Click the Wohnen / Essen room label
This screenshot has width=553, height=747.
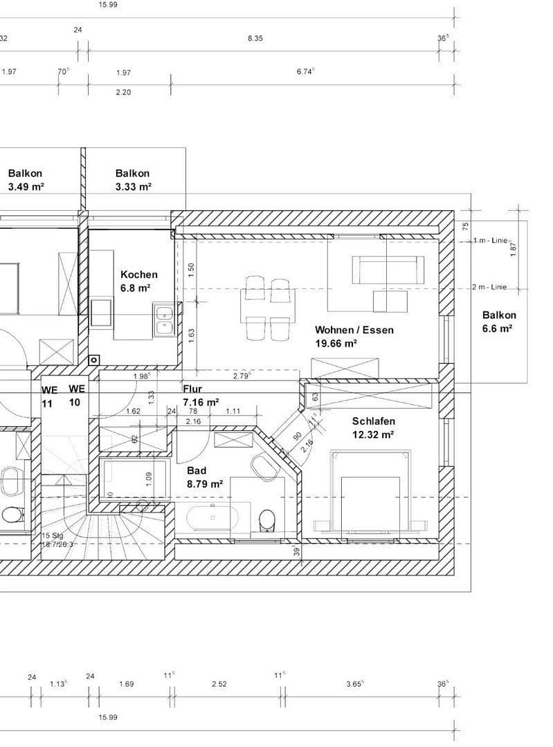click(x=354, y=330)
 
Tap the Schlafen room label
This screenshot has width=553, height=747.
click(x=373, y=421)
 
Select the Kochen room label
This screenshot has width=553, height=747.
click(x=138, y=275)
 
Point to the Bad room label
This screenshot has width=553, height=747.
click(x=197, y=470)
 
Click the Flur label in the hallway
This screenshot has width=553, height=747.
click(x=192, y=389)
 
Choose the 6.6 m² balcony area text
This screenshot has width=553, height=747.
click(x=498, y=329)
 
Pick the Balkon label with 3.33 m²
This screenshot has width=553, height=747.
click(x=132, y=174)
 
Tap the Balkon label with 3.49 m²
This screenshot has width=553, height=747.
click(x=26, y=174)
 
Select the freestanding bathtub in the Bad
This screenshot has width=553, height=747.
click(x=212, y=517)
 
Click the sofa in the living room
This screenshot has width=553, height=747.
click(x=388, y=269)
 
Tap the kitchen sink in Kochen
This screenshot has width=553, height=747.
click(x=164, y=320)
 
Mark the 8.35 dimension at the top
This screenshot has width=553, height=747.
click(x=255, y=39)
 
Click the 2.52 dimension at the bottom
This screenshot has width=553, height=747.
click(x=218, y=684)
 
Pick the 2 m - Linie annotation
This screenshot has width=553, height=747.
click(x=489, y=287)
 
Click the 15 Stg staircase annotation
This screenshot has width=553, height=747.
click(x=53, y=536)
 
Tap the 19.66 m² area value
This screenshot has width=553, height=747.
click(x=336, y=344)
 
